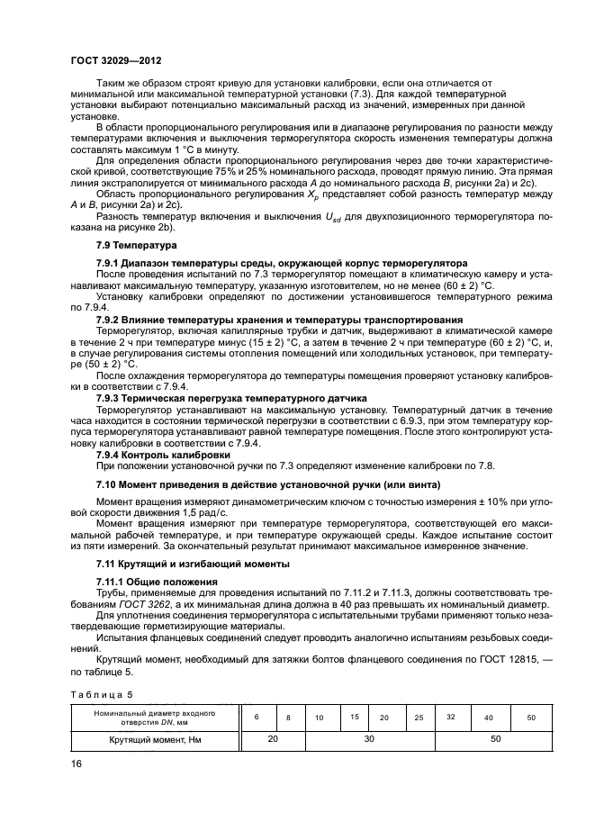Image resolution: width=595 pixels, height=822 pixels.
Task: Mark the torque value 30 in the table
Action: (x=369, y=738)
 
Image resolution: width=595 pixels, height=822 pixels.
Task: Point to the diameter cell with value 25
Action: (x=418, y=718)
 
